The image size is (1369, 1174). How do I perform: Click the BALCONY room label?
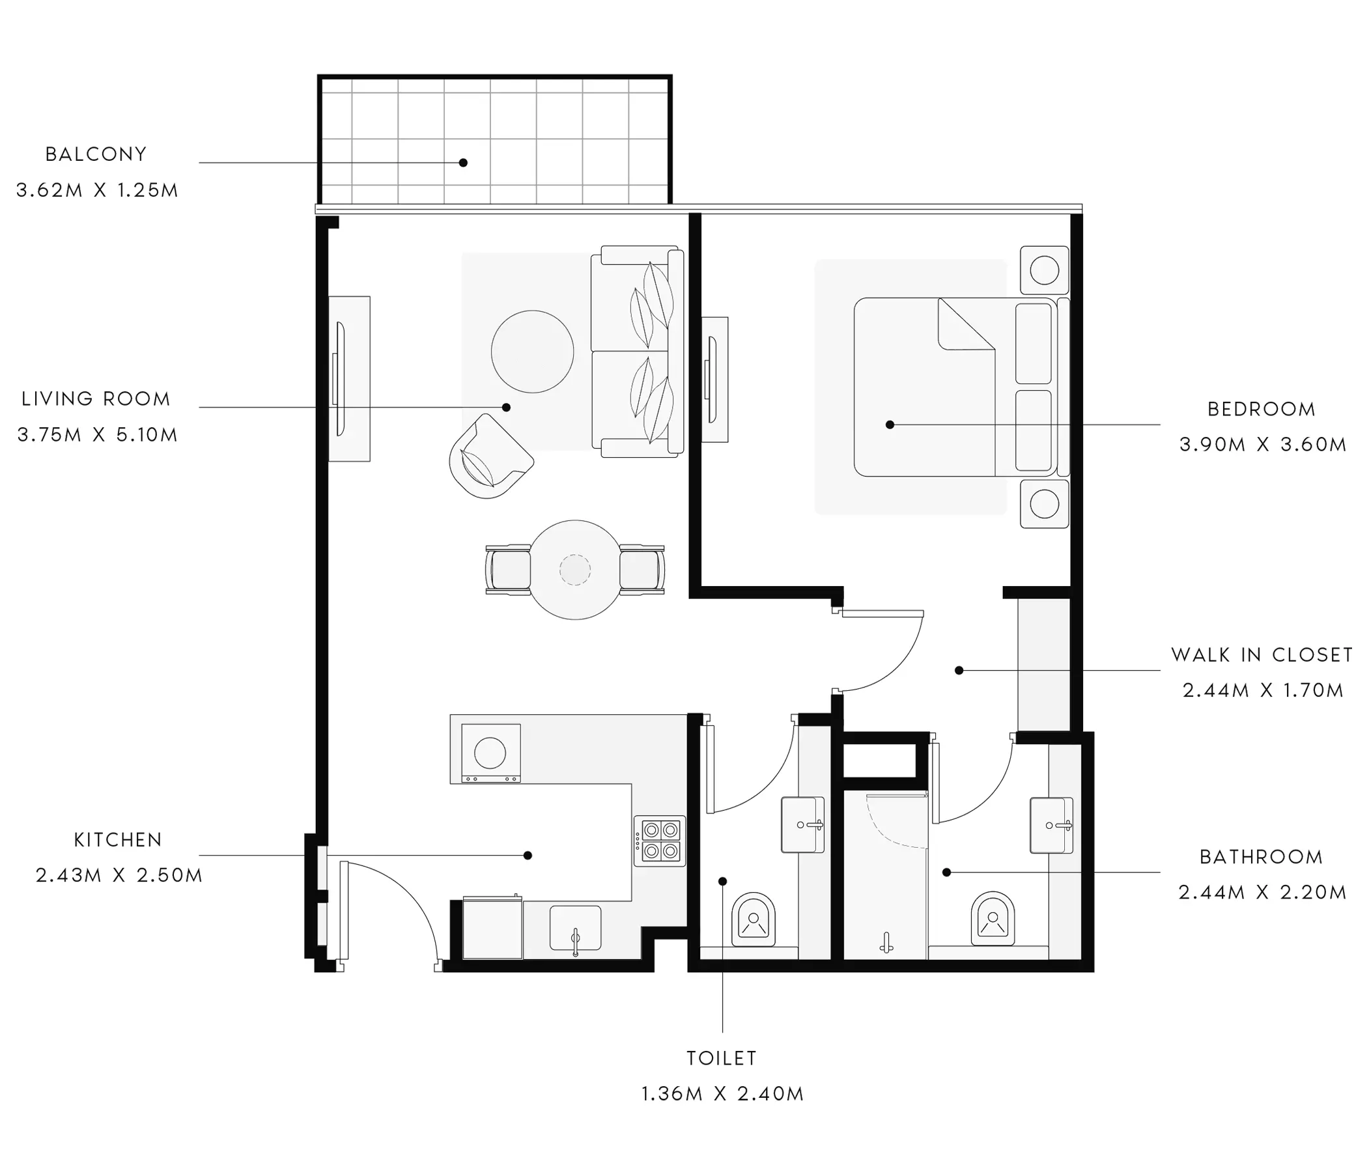(x=96, y=154)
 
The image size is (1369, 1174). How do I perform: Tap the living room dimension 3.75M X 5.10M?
(x=98, y=435)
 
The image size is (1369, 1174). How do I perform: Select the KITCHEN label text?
(x=119, y=840)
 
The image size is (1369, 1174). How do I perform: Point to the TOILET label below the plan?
(x=722, y=1057)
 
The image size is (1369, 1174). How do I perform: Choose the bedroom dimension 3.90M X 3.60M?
(x=1263, y=445)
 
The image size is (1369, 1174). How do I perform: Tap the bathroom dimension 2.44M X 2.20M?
(x=1263, y=893)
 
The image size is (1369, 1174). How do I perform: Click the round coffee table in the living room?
(x=532, y=352)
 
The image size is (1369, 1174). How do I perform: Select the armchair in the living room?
(x=490, y=456)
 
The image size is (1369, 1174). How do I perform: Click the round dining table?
(x=575, y=570)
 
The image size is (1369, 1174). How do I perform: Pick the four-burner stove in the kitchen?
(x=659, y=841)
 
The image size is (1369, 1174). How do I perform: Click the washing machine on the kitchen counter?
(x=491, y=753)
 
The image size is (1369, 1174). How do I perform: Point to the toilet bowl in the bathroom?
(x=993, y=919)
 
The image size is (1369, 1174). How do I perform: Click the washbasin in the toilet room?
(x=803, y=824)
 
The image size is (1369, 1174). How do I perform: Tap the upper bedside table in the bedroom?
(x=1044, y=270)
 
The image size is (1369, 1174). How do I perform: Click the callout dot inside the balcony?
(x=463, y=163)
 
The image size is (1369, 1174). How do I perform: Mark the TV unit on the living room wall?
(x=350, y=378)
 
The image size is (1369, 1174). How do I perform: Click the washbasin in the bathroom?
(x=1051, y=825)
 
